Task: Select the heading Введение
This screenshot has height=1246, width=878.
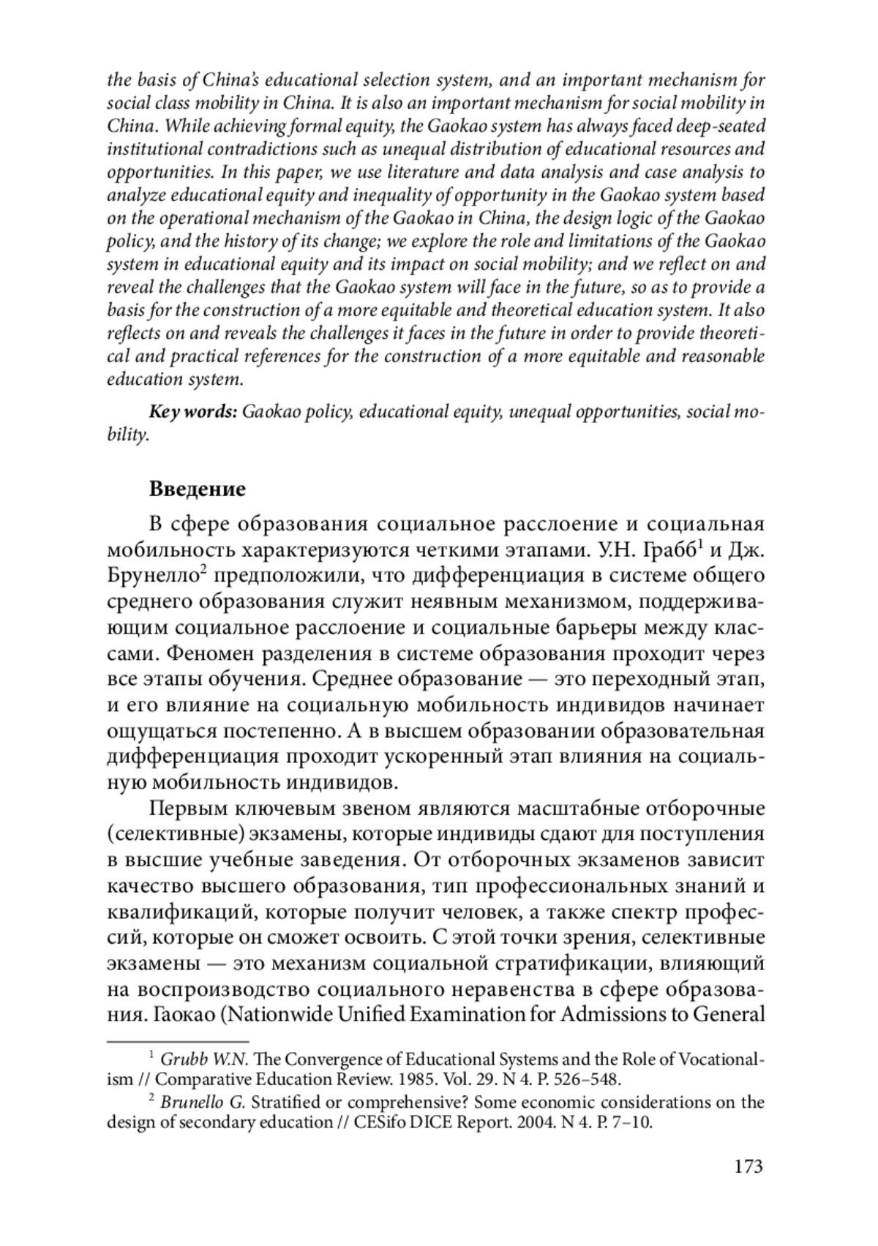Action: pyautogui.click(x=197, y=489)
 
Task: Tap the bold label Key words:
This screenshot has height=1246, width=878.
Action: pyautogui.click(x=193, y=412)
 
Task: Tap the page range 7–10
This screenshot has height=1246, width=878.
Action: pyautogui.click(x=627, y=1122)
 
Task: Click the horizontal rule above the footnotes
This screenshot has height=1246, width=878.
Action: pyautogui.click(x=178, y=1040)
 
